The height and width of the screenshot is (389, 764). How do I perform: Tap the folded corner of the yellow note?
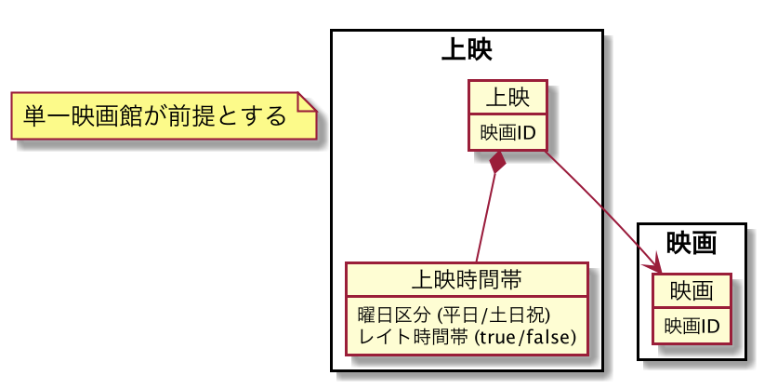pyautogui.click(x=306, y=101)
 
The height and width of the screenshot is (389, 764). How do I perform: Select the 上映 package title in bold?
pyautogui.click(x=467, y=49)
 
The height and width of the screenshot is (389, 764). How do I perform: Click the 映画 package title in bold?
pyautogui.click(x=692, y=243)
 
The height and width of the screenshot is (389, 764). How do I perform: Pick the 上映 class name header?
pyautogui.click(x=507, y=98)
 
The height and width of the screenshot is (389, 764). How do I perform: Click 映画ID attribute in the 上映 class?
pyautogui.click(x=507, y=133)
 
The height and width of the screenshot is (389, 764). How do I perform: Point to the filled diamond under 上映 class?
pyautogui.click(x=499, y=162)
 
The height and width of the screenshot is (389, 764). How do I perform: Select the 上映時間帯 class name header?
pyautogui.click(x=466, y=278)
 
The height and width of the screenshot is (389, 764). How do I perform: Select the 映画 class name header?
pyautogui.click(x=692, y=291)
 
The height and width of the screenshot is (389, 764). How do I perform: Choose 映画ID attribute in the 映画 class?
pyautogui.click(x=692, y=327)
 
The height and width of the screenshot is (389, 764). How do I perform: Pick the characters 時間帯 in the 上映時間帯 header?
pyautogui.click(x=494, y=278)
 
